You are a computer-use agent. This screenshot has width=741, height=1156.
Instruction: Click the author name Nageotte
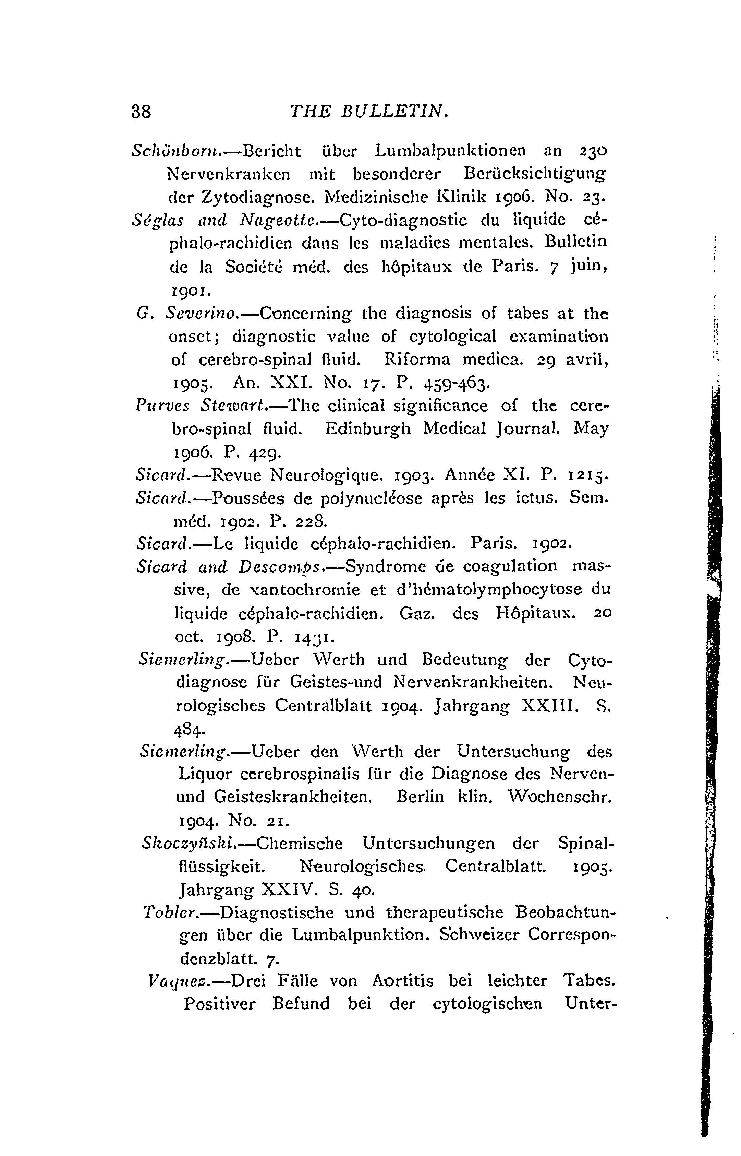[277, 221]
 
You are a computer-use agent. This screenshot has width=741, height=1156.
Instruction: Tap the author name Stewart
[233, 406]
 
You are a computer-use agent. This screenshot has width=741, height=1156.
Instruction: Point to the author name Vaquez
[171, 981]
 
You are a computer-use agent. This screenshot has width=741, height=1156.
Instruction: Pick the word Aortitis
[403, 981]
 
